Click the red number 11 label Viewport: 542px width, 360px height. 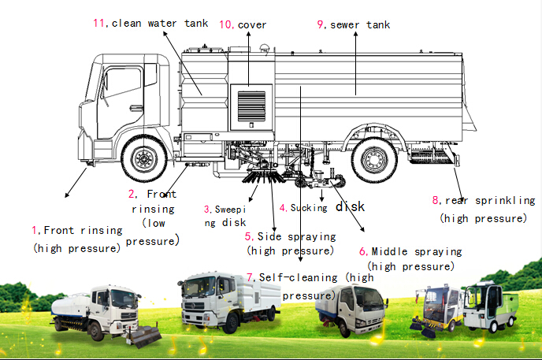pyautogui.click(x=98, y=23)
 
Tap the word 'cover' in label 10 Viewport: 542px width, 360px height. pyautogui.click(x=252, y=25)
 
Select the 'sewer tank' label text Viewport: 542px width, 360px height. pyautogui.click(x=360, y=25)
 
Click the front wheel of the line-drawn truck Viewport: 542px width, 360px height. pyautogui.click(x=144, y=158)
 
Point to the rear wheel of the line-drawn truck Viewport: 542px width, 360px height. pyautogui.click(x=374, y=160)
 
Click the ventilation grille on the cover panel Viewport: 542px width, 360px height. pyautogui.click(x=251, y=106)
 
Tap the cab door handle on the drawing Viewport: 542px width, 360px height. pyautogui.click(x=135, y=109)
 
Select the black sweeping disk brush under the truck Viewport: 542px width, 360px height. pyautogui.click(x=263, y=176)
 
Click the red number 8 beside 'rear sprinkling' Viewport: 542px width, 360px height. pyautogui.click(x=436, y=200)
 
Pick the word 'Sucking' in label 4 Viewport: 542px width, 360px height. pyautogui.click(x=309, y=208)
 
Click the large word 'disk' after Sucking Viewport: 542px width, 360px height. pyautogui.click(x=350, y=206)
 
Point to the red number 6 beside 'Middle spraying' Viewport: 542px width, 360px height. pyautogui.click(x=363, y=251)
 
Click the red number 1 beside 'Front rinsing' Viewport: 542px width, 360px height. pyautogui.click(x=35, y=230)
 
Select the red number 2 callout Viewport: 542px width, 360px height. pyautogui.click(x=132, y=194)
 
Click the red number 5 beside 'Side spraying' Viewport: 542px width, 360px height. pyautogui.click(x=248, y=236)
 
